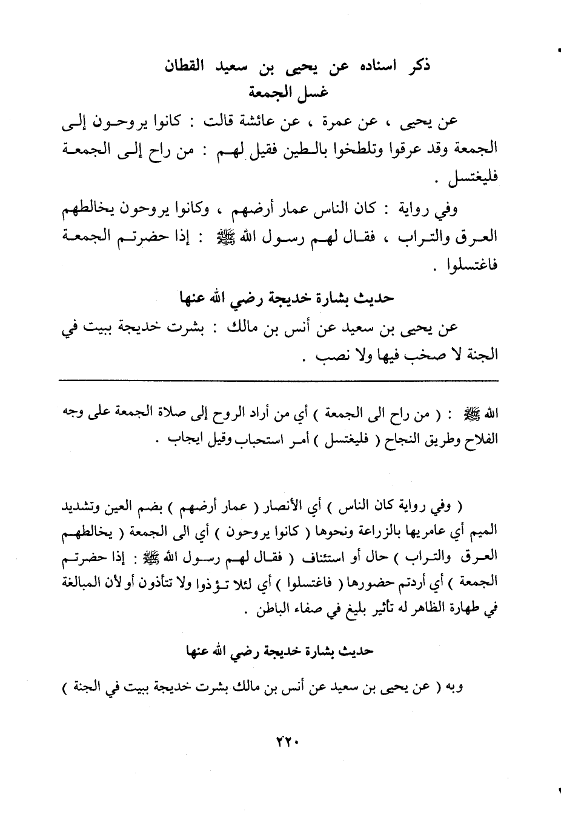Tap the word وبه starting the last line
tap(452, 687)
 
